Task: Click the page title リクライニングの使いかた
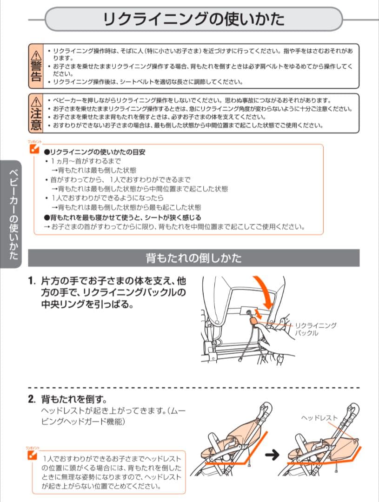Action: (193, 20)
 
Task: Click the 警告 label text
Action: (36, 71)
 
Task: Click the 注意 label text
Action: (36, 119)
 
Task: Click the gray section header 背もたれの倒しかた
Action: (193, 258)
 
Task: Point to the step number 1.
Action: (32, 282)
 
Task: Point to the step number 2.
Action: (32, 399)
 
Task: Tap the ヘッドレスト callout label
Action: (319, 418)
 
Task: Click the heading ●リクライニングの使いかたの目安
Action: (94, 152)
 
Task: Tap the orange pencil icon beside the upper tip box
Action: (33, 149)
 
